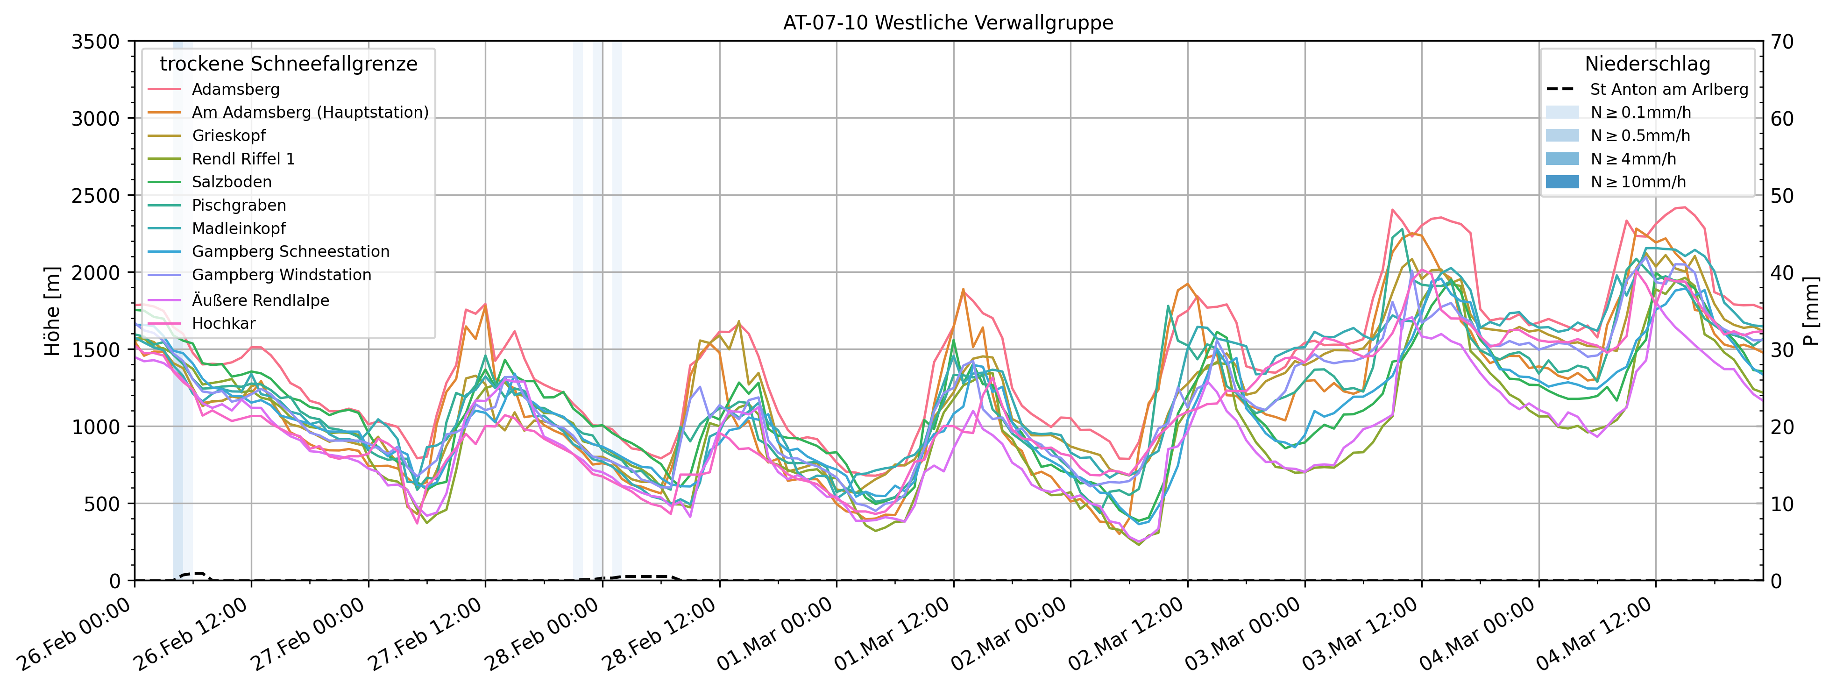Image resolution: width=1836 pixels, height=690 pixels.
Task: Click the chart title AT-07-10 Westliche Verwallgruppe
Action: pos(948,23)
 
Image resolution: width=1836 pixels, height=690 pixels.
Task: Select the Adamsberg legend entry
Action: pos(235,90)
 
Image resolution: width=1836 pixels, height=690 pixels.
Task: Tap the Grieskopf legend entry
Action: pos(228,136)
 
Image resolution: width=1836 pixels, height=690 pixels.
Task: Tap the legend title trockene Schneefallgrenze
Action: pos(289,64)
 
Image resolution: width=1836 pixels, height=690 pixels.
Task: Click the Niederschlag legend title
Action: pos(1647,64)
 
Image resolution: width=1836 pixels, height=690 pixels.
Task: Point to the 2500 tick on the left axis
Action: pos(95,195)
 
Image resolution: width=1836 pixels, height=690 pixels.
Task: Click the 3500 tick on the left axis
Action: pos(95,41)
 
